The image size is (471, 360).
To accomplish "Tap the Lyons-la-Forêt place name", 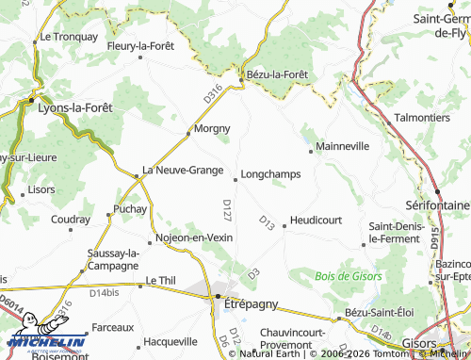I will [x=74, y=107].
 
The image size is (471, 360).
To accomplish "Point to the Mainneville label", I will [x=343, y=147].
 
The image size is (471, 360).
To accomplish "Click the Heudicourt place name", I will [x=316, y=219].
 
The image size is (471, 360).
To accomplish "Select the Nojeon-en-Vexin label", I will [x=195, y=237].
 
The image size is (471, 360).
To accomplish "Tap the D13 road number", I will [x=266, y=222].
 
